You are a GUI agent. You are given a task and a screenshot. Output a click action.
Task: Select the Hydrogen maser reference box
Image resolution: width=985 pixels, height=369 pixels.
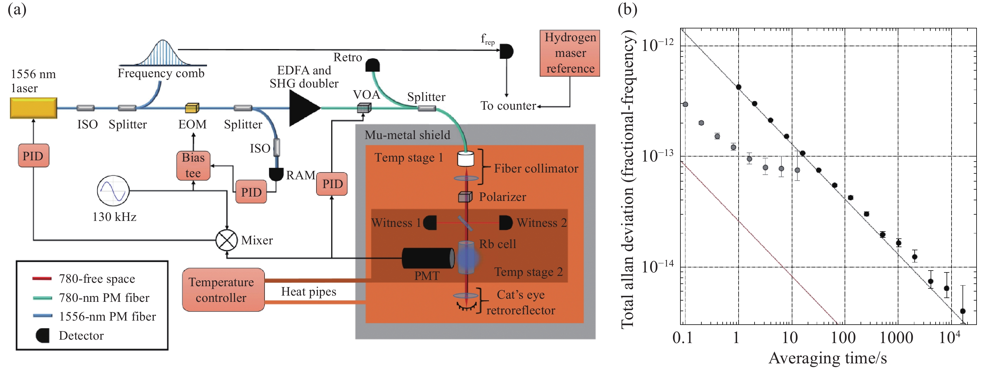[x=570, y=53]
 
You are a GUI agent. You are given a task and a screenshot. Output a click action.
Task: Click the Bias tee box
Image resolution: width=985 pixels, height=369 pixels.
[x=193, y=165]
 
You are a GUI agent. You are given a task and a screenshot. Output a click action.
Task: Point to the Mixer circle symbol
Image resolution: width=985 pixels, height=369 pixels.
[x=226, y=240]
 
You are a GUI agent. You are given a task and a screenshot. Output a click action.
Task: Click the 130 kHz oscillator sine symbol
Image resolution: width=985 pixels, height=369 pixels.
[x=113, y=191]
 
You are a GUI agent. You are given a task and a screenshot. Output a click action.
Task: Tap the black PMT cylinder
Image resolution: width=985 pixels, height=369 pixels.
[x=428, y=258]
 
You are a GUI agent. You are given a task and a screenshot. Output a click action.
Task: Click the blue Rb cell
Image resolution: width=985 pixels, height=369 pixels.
[x=467, y=257]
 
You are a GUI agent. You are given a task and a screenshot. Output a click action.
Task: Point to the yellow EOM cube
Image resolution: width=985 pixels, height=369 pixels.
[x=192, y=108]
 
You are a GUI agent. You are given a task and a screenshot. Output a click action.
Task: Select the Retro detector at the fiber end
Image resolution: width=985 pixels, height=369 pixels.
[x=372, y=65]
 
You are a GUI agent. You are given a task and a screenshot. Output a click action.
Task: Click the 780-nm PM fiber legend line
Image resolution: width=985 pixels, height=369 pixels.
[x=43, y=297]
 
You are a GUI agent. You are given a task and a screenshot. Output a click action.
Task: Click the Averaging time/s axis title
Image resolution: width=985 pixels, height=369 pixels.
[x=827, y=358]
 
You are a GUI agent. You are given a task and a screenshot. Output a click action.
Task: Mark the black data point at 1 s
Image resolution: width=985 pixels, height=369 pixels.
[x=738, y=87]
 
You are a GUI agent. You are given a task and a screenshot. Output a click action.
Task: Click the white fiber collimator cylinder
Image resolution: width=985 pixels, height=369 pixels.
[x=466, y=158]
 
